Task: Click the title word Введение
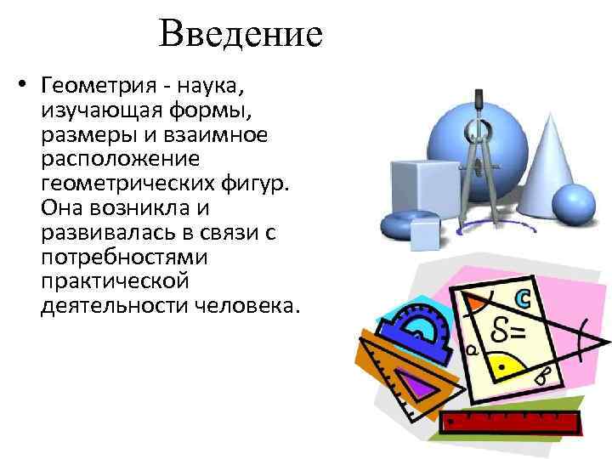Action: (240, 36)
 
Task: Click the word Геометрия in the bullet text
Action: (93, 86)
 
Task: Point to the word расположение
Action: (120, 159)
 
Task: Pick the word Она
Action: (59, 207)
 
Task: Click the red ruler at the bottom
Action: (511, 422)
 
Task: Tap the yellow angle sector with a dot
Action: (507, 364)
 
